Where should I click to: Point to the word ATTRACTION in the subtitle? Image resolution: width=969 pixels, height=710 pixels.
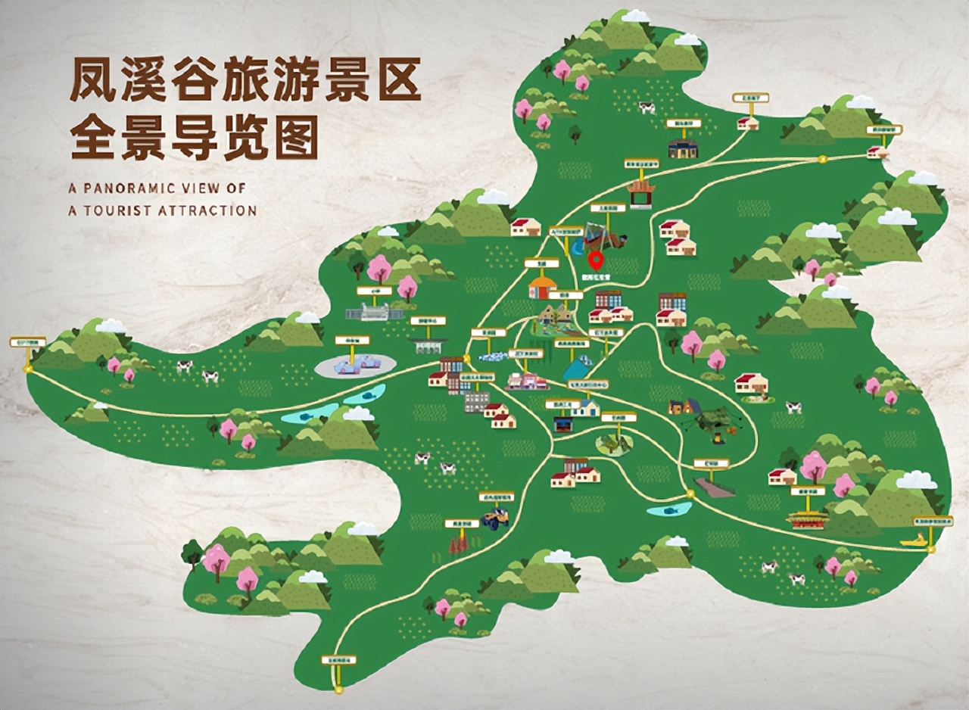tap(207, 210)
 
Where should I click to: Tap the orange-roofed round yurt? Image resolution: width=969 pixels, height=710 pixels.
tap(542, 288)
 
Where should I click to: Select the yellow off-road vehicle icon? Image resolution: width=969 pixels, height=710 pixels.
tap(497, 518)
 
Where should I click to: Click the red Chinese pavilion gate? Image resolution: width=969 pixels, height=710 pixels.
tap(640, 193)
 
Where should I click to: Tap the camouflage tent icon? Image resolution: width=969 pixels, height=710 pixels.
tap(711, 421)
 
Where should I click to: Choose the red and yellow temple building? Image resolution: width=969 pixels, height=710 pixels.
tap(807, 518)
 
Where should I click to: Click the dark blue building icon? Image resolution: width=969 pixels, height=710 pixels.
tap(682, 148)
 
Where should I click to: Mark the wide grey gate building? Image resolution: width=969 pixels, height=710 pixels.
tap(375, 311)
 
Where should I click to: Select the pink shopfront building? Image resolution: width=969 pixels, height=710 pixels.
tap(526, 381)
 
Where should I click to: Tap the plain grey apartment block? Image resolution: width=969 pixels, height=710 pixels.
tap(476, 401)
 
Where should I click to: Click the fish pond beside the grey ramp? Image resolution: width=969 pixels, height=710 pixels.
tap(669, 509)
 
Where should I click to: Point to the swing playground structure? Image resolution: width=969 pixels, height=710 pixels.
tap(603, 238)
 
